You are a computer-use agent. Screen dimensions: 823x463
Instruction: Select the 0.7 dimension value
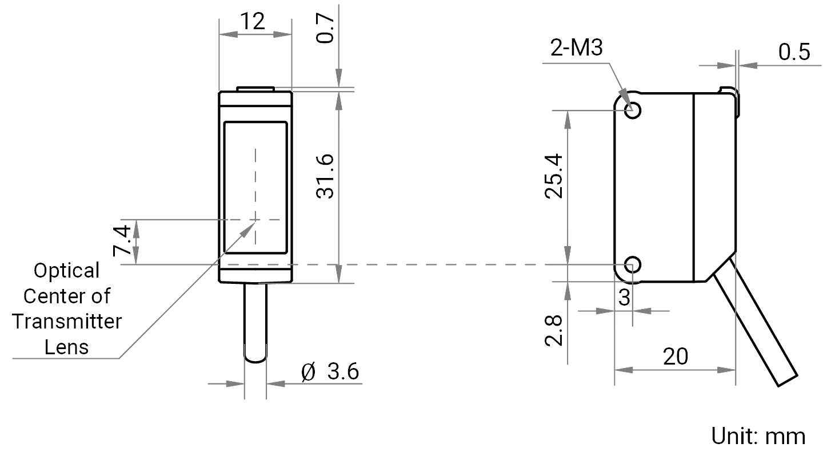[326, 29]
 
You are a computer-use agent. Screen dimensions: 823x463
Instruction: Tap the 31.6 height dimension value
[326, 177]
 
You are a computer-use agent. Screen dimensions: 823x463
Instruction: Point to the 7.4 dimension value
[122, 240]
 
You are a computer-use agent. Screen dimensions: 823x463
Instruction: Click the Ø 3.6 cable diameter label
[330, 371]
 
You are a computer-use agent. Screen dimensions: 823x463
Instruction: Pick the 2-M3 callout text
[577, 48]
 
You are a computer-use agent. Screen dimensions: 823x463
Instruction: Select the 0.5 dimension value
[794, 52]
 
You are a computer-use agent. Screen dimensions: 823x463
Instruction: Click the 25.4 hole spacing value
[554, 176]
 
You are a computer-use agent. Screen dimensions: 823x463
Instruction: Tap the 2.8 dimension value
[554, 330]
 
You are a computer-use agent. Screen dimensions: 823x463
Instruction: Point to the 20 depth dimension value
[676, 357]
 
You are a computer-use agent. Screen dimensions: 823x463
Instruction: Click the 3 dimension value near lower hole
[624, 298]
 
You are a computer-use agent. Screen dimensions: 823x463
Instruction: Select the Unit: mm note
[758, 437]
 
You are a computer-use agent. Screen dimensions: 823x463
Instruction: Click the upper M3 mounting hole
[633, 110]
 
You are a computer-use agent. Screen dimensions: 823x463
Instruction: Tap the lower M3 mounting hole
[633, 264]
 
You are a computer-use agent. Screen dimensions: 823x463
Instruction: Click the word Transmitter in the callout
[67, 322]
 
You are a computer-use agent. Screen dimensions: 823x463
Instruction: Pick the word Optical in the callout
[67, 271]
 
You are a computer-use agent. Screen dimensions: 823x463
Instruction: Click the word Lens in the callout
[66, 347]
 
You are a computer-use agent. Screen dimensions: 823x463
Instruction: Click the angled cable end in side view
[788, 381]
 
